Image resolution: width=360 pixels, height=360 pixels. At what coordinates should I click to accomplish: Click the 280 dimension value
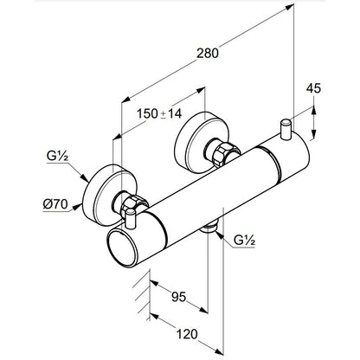point(208,54)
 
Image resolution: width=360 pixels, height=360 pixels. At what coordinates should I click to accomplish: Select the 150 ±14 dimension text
point(159,113)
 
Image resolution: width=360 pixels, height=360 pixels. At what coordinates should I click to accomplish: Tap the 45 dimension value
point(313,88)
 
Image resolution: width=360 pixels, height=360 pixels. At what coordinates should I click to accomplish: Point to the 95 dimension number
point(179,297)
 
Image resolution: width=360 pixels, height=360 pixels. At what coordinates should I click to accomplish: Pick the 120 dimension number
point(187,334)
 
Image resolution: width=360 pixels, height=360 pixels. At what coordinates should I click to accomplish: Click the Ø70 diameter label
point(55,204)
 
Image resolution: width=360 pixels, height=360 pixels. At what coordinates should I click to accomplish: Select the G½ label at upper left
point(57,157)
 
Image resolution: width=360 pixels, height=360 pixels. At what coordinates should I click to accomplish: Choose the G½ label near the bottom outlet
point(244,241)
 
